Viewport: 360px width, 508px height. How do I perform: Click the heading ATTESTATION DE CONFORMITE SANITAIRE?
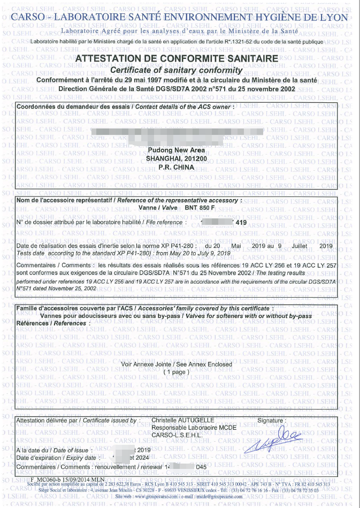pos(177,58)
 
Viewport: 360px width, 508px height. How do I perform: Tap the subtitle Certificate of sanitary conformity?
pos(176,71)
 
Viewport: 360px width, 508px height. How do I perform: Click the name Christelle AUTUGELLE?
pos(182,421)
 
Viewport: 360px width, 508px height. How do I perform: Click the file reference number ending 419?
pos(241,222)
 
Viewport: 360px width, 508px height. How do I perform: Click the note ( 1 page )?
pos(177,371)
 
